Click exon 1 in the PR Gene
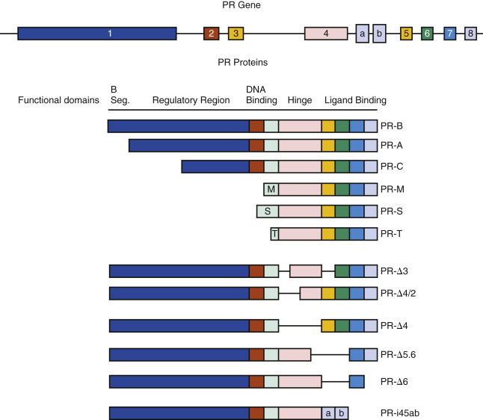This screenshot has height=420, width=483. [97, 34]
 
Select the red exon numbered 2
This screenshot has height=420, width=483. [212, 34]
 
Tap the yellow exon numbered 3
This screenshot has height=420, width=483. [236, 34]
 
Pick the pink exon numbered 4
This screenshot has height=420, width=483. [326, 34]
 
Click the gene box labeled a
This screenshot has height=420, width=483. [363, 34]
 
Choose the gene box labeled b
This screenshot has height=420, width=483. [380, 34]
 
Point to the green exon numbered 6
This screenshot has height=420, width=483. [427, 34]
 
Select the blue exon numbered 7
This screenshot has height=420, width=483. [449, 34]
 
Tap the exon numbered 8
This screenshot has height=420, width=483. [470, 34]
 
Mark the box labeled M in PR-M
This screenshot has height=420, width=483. [271, 190]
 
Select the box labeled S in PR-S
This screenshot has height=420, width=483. [268, 211]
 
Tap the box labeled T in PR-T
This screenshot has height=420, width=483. [274, 234]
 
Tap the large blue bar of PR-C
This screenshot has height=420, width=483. [215, 167]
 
